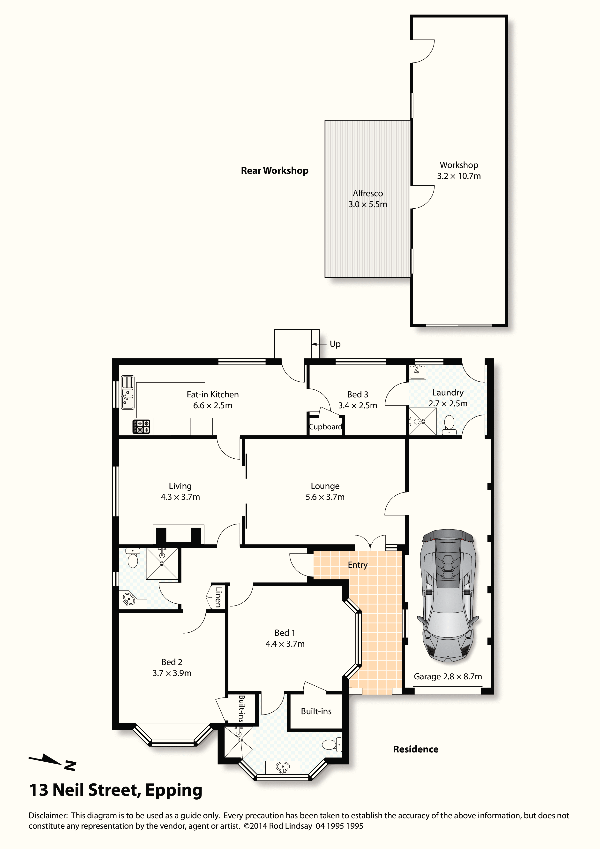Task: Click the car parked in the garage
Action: tap(448, 596)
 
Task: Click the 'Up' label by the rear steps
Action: tap(335, 344)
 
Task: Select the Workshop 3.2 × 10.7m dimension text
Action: tap(459, 176)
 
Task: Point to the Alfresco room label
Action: tap(368, 193)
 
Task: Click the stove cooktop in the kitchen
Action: tap(142, 426)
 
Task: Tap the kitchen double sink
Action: tap(127, 392)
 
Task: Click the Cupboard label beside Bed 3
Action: tap(325, 427)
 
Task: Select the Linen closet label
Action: tap(218, 597)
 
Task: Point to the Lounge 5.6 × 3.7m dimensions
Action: tap(325, 497)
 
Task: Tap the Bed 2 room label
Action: tap(172, 662)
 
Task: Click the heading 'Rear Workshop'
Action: tap(275, 170)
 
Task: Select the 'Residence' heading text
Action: tap(416, 749)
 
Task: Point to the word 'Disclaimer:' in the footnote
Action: tap(48, 815)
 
